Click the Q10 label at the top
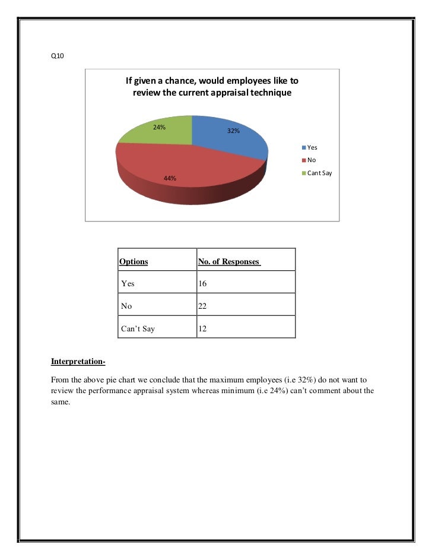coord(57,56)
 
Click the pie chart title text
coord(211,87)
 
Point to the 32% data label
coord(234,131)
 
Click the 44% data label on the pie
coord(170,178)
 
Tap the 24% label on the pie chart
coord(160,127)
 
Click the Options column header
coord(134,261)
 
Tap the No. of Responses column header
coord(229,261)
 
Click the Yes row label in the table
coord(128,283)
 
